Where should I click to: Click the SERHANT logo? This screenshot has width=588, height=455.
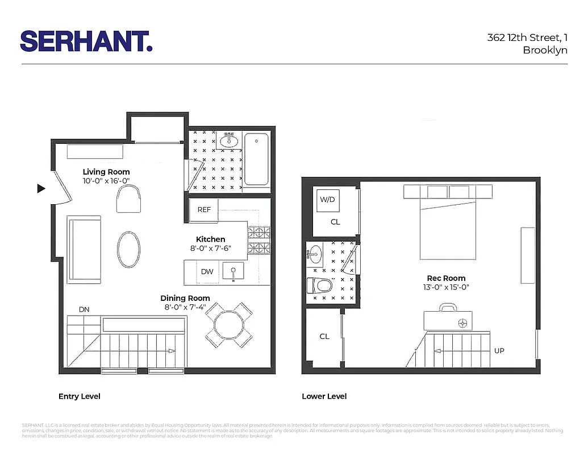[x=86, y=41]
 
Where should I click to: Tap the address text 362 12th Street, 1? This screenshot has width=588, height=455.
[x=527, y=38]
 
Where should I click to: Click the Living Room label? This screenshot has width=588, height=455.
[x=106, y=172]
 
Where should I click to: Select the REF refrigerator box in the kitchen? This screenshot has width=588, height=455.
[x=204, y=210]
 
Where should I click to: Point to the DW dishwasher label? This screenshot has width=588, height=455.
[x=207, y=272]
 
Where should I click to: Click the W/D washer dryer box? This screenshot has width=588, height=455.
[x=327, y=200]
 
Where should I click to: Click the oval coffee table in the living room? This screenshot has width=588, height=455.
[x=128, y=249]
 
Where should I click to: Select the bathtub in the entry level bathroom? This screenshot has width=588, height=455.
[x=256, y=159]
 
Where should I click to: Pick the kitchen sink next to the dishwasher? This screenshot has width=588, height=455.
[x=232, y=271]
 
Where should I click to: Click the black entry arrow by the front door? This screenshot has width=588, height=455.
[x=41, y=189]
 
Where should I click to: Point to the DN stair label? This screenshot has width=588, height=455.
[x=84, y=309]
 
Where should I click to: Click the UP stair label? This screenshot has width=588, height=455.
[x=499, y=351]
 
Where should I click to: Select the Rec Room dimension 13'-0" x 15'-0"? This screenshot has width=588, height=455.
[x=447, y=287]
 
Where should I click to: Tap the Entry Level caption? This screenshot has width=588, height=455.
[x=80, y=396]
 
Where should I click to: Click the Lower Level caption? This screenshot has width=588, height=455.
[x=324, y=396]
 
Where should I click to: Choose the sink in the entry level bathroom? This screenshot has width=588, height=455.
[x=230, y=140]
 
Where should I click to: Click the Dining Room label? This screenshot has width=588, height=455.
[x=185, y=298]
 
